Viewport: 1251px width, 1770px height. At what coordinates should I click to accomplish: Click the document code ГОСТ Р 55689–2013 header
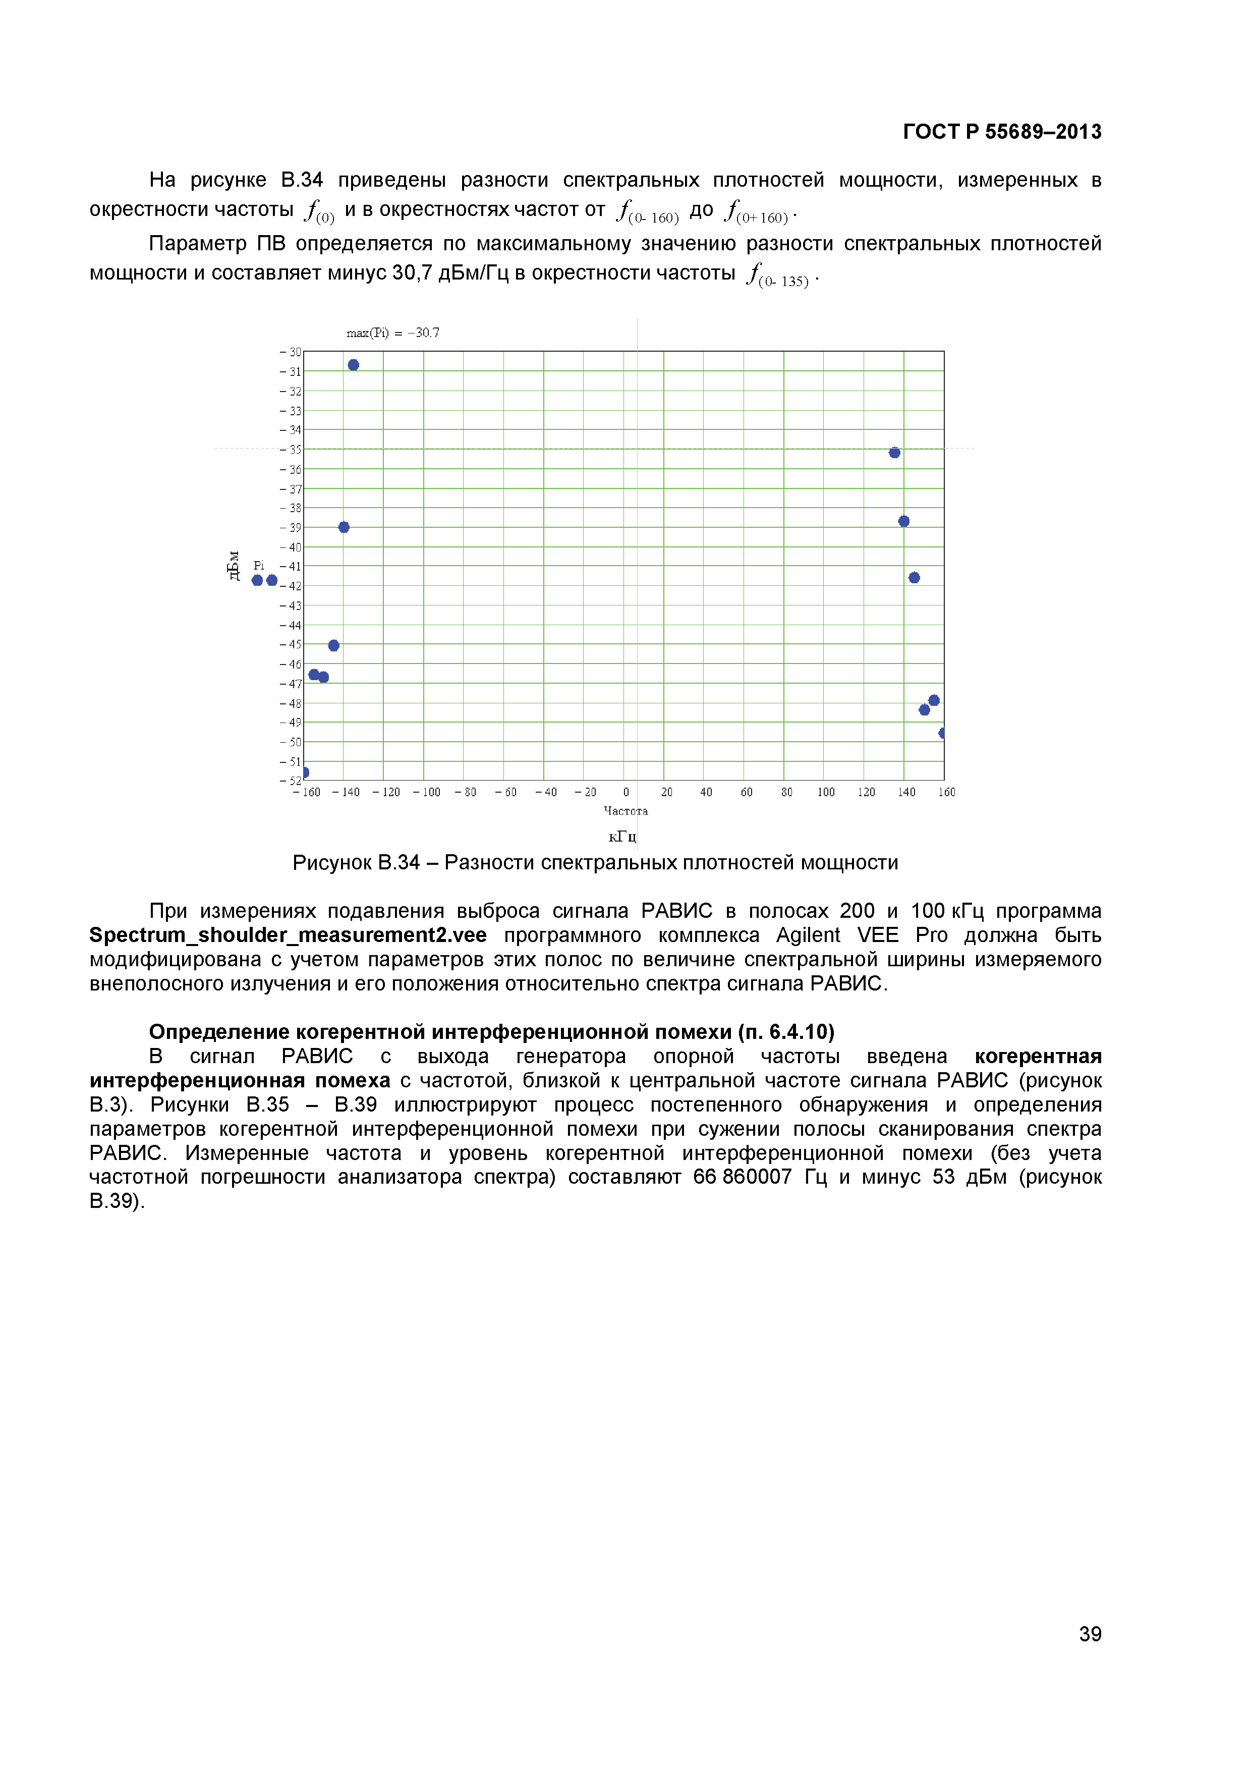point(1001,132)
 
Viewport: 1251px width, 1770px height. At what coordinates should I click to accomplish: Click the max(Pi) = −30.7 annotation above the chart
point(392,333)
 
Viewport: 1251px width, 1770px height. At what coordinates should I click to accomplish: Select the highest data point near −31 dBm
point(353,365)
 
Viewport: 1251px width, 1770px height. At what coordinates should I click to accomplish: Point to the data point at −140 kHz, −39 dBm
point(344,527)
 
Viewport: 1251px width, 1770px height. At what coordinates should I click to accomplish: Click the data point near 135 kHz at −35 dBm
point(894,453)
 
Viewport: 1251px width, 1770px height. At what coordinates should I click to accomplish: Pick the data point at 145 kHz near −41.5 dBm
point(914,577)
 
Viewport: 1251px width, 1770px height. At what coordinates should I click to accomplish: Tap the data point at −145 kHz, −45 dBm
point(334,645)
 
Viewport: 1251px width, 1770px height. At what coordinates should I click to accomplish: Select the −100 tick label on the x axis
point(426,793)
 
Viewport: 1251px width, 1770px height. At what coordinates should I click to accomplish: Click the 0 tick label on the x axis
point(626,793)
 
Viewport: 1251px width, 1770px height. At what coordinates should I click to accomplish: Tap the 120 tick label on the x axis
point(867,793)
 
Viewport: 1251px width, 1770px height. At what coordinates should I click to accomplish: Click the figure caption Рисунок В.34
point(595,863)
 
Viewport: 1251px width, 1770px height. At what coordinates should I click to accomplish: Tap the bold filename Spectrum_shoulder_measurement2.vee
point(288,935)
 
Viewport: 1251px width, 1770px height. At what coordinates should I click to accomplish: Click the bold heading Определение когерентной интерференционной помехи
point(491,1031)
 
